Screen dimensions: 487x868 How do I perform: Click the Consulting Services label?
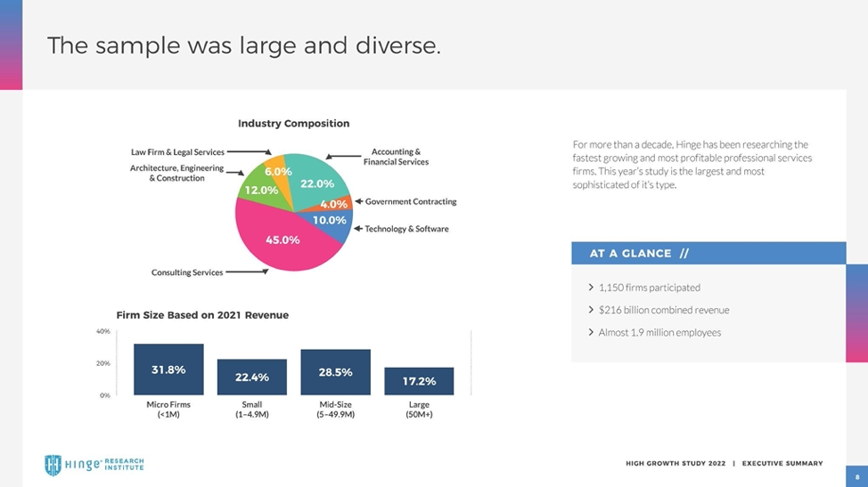[187, 272]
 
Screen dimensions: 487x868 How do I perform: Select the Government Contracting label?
[411, 202]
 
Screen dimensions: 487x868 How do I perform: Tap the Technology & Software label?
[407, 229]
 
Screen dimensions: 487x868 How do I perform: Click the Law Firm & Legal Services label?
[178, 152]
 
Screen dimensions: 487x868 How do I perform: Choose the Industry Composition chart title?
[293, 124]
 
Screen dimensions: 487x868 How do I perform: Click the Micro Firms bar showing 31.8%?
[168, 369]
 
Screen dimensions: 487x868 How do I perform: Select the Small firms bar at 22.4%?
[252, 377]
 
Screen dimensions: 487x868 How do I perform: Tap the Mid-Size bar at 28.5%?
[335, 372]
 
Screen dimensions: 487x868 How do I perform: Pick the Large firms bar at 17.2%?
[419, 381]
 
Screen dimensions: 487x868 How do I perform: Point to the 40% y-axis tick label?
[102, 331]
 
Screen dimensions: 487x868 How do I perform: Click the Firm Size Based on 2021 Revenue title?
[202, 315]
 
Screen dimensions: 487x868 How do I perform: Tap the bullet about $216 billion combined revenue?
[664, 310]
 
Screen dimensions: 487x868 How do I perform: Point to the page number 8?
[856, 476]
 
